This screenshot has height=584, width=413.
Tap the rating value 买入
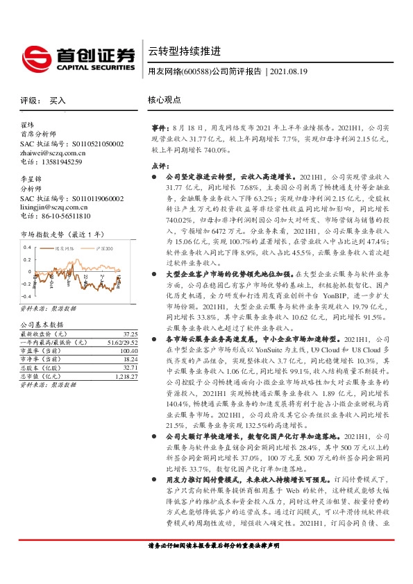tap(58, 101)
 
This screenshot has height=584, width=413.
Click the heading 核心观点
tap(164, 100)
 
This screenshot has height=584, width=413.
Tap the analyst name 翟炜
tap(28, 126)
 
